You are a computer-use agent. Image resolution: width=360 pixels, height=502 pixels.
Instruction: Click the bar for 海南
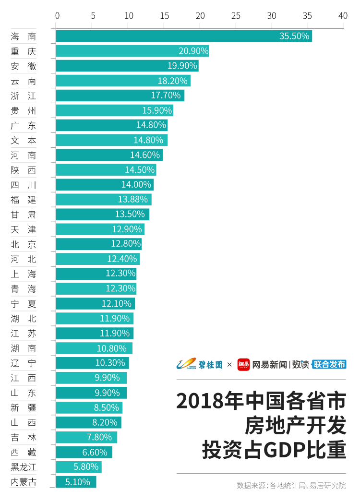pyautogui.click(x=184, y=36)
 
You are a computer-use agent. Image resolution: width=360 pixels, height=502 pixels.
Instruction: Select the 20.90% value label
pyautogui.click(x=193, y=51)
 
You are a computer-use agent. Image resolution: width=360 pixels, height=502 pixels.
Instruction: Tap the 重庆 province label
pyautogui.click(x=24, y=51)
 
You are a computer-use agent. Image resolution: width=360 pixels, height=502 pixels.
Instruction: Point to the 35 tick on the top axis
pyautogui.click(x=307, y=16)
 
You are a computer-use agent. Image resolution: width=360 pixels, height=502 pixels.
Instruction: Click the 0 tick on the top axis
pyautogui.click(x=57, y=16)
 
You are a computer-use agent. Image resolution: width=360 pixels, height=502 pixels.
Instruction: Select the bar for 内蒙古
pyautogui.click(x=76, y=482)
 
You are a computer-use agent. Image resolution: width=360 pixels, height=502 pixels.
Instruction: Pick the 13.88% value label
pyautogui.click(x=133, y=200)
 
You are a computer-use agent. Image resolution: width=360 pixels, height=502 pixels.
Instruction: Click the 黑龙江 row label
pyautogui.click(x=24, y=467)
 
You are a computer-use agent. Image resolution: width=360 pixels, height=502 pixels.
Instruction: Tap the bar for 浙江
pyautogui.click(x=120, y=96)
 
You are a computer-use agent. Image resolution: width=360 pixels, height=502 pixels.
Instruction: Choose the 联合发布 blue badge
pyautogui.click(x=329, y=364)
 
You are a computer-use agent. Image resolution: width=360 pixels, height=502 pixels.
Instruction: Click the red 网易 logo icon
pyautogui.click(x=243, y=364)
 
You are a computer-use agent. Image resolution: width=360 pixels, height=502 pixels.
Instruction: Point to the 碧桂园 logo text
pyautogui.click(x=210, y=365)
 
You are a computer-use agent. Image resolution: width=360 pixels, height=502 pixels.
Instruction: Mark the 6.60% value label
pyautogui.click(x=95, y=453)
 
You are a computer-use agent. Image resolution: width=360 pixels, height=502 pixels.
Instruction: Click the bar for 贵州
pyautogui.click(x=115, y=110)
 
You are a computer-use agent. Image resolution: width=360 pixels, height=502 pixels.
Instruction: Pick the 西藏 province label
pyautogui.click(x=24, y=452)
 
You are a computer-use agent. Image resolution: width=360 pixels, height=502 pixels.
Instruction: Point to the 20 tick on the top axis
pyautogui.click(x=200, y=16)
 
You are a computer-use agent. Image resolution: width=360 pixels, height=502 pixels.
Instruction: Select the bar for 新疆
pyautogui.click(x=89, y=407)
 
